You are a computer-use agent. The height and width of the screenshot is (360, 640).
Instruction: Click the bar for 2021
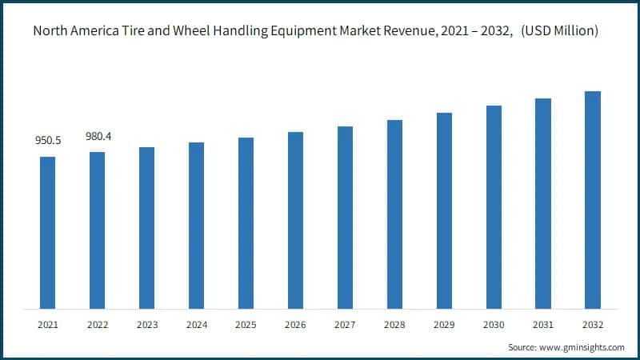click(x=48, y=233)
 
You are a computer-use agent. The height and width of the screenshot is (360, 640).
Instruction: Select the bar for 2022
click(x=98, y=230)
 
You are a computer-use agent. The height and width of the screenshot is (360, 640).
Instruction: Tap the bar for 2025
click(x=246, y=223)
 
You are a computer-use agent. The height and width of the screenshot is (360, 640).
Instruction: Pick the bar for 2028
click(x=394, y=214)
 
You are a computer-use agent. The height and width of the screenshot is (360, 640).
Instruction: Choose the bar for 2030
click(x=494, y=207)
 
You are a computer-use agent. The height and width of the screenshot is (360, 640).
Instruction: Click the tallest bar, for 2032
click(x=593, y=200)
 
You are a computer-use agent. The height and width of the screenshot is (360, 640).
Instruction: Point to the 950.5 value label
click(x=48, y=141)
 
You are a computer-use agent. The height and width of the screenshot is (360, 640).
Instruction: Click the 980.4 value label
click(x=98, y=137)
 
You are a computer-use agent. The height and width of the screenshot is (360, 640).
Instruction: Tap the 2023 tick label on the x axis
click(x=147, y=325)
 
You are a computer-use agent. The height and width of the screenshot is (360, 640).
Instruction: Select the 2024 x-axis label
click(x=197, y=325)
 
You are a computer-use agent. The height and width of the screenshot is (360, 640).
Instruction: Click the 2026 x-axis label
click(x=296, y=325)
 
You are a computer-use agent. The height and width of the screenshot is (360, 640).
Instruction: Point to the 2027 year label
click(x=345, y=325)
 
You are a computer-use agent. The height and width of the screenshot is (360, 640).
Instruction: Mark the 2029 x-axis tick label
click(x=444, y=325)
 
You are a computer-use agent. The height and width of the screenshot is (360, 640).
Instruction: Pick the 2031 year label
click(x=543, y=325)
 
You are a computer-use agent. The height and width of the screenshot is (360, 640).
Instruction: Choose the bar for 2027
click(x=345, y=218)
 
